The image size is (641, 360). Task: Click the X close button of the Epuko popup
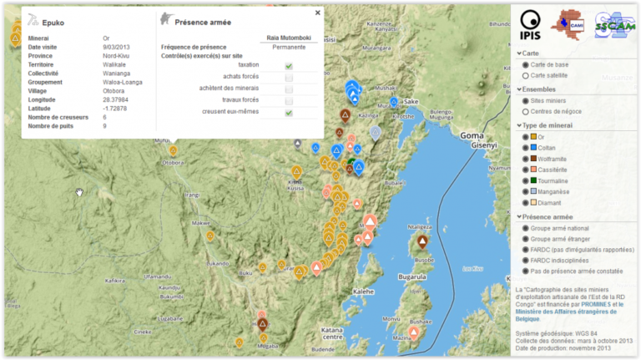[317, 13]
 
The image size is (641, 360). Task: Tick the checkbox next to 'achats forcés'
[289, 77]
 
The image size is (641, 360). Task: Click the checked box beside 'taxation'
[289, 65]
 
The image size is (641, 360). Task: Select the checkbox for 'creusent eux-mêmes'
[289, 113]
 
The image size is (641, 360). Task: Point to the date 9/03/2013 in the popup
[117, 47]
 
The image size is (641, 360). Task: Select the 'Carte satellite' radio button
[526, 76]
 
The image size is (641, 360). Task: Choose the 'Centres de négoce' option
[526, 112]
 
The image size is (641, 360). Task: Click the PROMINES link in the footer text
[594, 305]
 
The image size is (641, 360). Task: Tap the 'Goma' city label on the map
[472, 134]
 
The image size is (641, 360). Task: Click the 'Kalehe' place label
[364, 292]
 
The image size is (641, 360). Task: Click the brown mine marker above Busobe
[422, 241]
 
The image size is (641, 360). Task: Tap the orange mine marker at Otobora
[173, 150]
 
